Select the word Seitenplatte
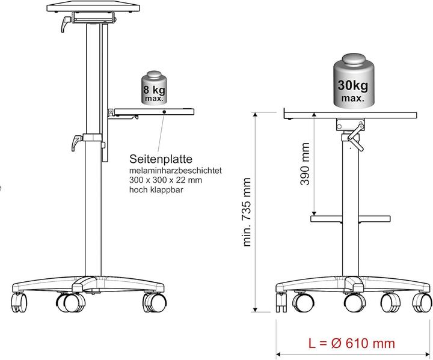[161, 160]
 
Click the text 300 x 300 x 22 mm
[165, 180]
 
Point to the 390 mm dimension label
[306, 164]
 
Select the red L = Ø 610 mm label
[351, 344]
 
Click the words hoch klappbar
[156, 189]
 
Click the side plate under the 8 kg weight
[154, 112]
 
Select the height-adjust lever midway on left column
[76, 143]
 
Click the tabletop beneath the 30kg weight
[350, 114]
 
